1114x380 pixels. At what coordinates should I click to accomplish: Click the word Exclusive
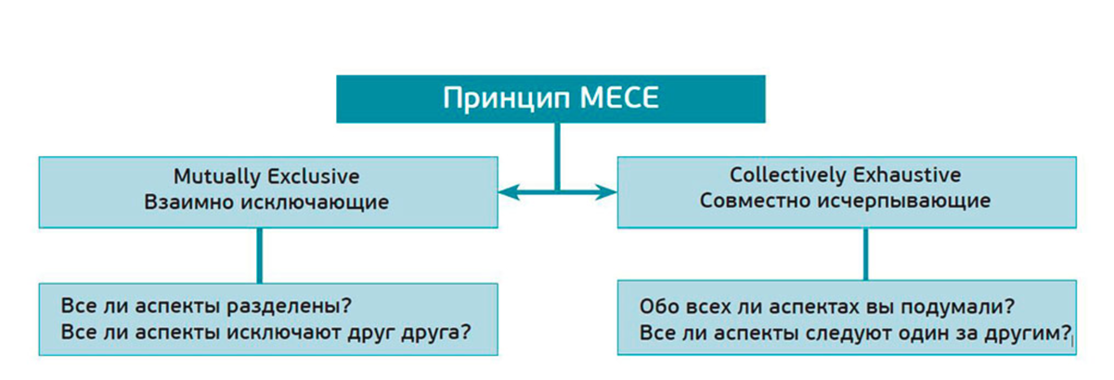coord(312,176)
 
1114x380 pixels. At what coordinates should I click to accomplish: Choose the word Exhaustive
coord(915,175)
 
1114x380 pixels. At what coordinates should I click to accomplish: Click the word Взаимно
coord(188,202)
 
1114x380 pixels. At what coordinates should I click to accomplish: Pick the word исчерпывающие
coord(900,202)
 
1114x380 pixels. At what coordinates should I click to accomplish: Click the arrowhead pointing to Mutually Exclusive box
coord(507,192)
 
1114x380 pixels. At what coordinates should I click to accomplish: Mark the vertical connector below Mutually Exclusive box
coord(259,255)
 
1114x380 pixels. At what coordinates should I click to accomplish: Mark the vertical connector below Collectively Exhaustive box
coord(866,255)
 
